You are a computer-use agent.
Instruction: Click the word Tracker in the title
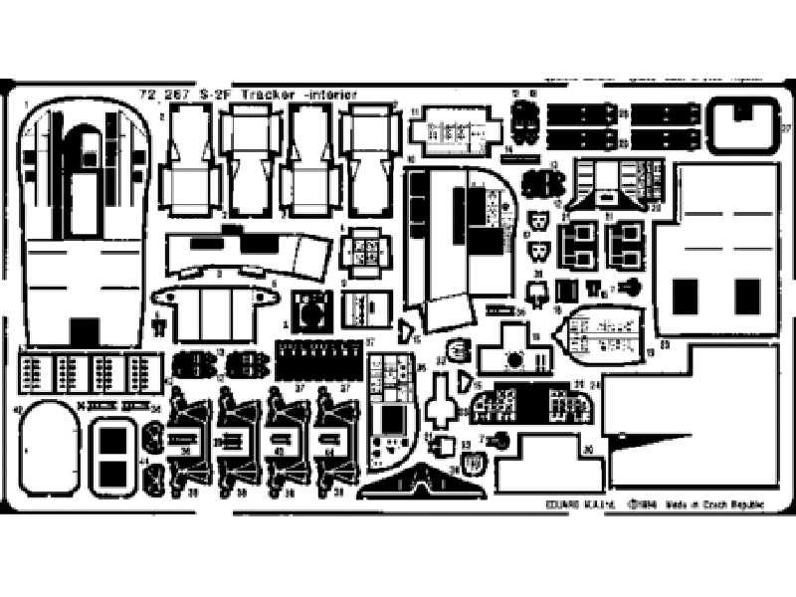(x=262, y=96)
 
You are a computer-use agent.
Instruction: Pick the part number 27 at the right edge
(x=786, y=127)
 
